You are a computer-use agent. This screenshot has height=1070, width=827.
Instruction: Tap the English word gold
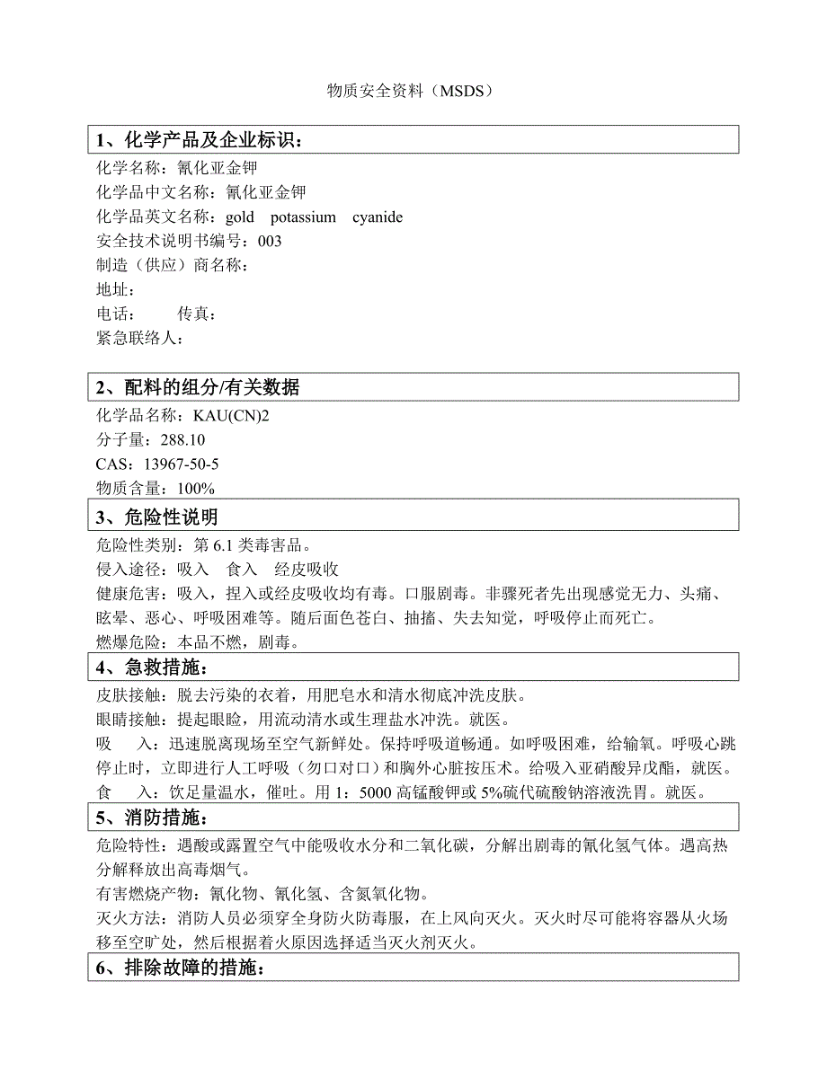coord(240,217)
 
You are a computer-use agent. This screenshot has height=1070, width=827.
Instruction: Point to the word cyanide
coord(378,217)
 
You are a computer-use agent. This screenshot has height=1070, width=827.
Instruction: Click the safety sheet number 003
coord(270,242)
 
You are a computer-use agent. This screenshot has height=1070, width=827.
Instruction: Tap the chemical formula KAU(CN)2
coord(227,416)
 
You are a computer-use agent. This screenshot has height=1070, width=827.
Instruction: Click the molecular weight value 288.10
coord(182,440)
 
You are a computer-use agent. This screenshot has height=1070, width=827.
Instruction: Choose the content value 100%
coord(196,489)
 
